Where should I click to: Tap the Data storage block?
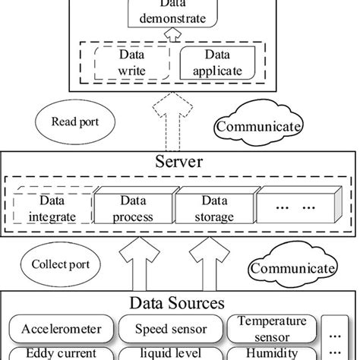coord(214,208)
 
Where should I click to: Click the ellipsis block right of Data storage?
coord(296,208)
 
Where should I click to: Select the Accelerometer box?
coord(58,330)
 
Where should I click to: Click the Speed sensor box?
coord(169,330)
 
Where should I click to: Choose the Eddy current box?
coord(58,354)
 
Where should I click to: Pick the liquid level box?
coord(169,354)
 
